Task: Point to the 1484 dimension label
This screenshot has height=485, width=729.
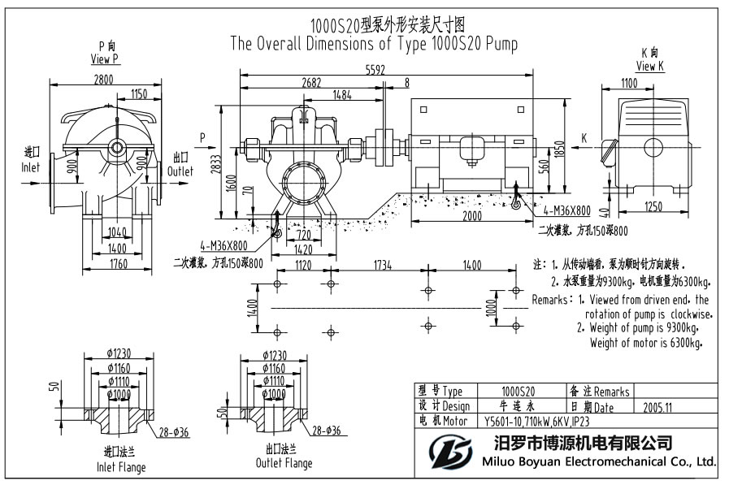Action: coord(342,95)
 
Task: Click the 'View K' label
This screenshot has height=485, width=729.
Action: coord(649,67)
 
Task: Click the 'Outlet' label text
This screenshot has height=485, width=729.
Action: coord(180,171)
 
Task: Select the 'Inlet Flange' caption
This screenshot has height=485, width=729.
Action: coord(120,466)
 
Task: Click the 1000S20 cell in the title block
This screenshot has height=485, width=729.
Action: coord(518,392)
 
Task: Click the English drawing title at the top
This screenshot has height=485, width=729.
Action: coord(374,43)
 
